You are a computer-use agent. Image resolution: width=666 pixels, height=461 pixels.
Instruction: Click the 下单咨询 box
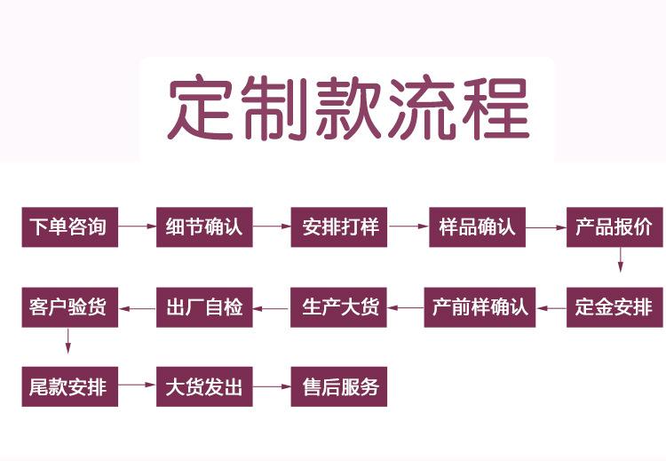pos(68,227)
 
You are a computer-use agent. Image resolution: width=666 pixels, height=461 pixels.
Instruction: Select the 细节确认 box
pos(204,227)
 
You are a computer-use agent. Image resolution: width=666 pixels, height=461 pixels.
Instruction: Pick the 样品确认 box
pos(477,227)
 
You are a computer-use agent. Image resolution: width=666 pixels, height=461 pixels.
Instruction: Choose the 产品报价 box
pos(614,227)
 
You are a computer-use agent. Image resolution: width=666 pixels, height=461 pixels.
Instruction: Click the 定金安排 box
pos(614,307)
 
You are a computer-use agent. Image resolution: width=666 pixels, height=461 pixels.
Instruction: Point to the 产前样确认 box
pos(480,307)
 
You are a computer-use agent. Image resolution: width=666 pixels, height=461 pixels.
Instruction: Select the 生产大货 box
pos(340,307)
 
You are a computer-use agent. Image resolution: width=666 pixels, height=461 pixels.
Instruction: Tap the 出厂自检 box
pos(204,307)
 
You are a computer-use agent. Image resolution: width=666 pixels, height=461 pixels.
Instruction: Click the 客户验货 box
pos(68,307)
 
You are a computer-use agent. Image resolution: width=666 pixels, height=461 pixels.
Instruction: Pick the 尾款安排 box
pos(68,387)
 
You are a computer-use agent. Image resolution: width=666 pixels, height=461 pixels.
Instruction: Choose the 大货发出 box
pos(204,387)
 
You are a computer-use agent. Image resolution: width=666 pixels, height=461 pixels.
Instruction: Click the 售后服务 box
pos(340,387)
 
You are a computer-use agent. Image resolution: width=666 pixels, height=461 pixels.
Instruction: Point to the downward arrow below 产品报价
pos(620,259)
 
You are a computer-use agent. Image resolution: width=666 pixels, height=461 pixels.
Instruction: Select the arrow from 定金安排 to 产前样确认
pos(551,308)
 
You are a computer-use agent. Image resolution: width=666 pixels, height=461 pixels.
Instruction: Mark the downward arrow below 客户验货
pos(67,340)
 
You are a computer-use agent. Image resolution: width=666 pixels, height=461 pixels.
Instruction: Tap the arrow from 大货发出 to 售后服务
pos(272,387)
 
